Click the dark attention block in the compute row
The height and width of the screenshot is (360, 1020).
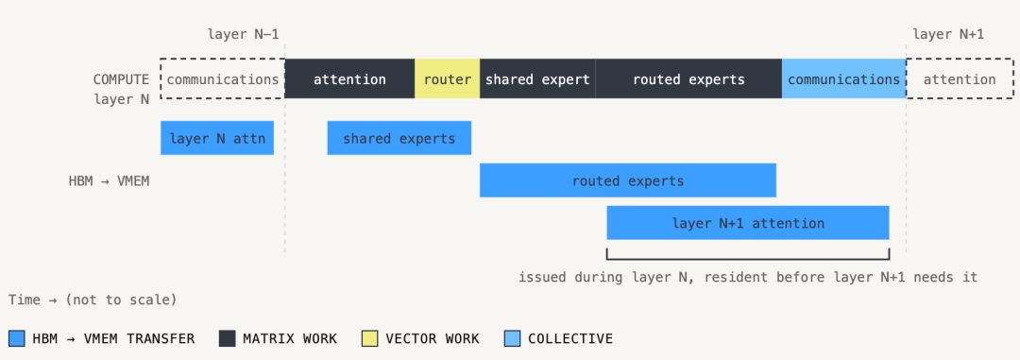click(x=349, y=78)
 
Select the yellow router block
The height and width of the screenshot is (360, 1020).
click(x=447, y=78)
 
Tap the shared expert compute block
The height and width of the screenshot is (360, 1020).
click(x=537, y=78)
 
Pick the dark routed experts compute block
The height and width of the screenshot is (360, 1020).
click(x=688, y=78)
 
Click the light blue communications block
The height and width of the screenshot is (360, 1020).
click(x=843, y=78)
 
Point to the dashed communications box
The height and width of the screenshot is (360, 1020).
click(x=223, y=78)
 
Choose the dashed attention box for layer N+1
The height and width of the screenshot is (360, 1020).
click(x=960, y=78)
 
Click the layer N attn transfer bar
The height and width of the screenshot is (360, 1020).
click(x=217, y=138)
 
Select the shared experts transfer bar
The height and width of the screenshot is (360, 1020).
click(x=399, y=138)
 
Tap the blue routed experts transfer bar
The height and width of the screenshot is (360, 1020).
click(x=628, y=180)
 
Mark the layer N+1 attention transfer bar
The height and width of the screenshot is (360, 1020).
click(x=748, y=223)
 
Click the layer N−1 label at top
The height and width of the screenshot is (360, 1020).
click(x=244, y=34)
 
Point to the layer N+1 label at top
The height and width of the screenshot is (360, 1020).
click(x=948, y=34)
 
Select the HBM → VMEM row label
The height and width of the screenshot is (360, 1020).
click(x=109, y=181)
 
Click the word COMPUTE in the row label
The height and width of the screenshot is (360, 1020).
click(x=121, y=79)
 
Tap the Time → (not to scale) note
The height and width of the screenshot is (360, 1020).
click(x=93, y=300)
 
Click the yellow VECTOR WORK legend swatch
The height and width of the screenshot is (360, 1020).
click(x=369, y=338)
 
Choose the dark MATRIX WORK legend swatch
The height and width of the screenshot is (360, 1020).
click(x=227, y=338)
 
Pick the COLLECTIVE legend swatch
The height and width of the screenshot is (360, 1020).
click(x=512, y=338)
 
